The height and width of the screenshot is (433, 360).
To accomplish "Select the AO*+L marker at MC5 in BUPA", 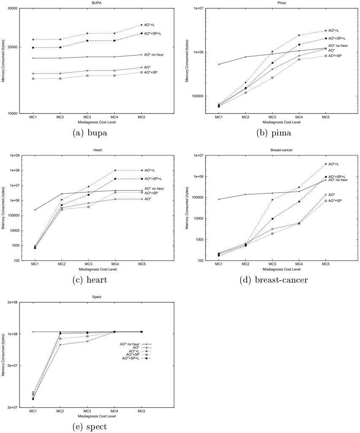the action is [x=142, y=25].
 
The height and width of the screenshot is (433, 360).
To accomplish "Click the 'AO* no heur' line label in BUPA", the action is [x=154, y=55].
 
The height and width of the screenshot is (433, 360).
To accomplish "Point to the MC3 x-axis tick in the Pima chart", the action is [x=272, y=117].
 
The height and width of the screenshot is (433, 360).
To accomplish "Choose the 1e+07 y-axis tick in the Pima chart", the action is [x=198, y=8].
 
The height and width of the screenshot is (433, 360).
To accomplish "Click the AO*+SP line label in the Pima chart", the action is [x=335, y=56].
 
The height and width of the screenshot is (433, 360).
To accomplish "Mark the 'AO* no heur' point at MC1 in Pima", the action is [x=219, y=64].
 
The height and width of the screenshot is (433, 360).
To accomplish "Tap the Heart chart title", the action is [x=98, y=150].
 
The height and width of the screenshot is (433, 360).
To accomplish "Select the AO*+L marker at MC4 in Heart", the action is [x=115, y=170].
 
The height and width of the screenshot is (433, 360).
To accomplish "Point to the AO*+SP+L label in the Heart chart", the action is [x=154, y=179].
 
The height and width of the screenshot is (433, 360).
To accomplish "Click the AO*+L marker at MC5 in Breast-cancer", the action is [x=326, y=164].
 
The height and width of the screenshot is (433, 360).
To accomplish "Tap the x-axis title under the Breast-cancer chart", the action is [x=282, y=269].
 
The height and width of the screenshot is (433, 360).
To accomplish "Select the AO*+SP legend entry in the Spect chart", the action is [x=133, y=355].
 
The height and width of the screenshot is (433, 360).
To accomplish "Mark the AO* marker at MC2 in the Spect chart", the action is [x=60, y=345].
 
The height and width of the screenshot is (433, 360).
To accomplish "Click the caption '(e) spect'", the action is [x=89, y=427].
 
